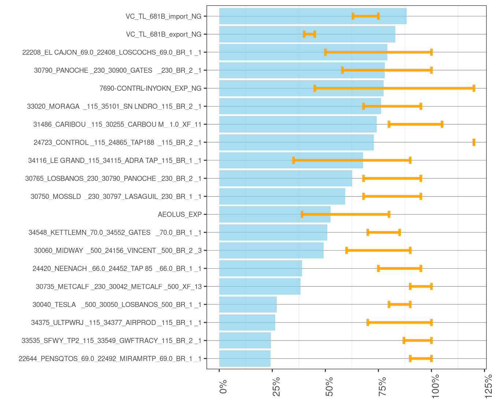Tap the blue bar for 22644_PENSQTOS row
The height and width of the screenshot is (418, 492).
[245, 359]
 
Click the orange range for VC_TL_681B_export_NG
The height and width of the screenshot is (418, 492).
[309, 34]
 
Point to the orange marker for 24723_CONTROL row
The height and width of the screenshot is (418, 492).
[474, 142]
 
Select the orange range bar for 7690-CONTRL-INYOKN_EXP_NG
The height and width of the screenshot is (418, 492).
[394, 88]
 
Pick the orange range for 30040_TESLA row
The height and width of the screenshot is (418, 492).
[399, 305]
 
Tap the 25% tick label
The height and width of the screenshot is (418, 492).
[276, 387]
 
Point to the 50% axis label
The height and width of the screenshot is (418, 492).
[329, 387]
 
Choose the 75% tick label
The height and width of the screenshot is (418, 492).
[383, 387]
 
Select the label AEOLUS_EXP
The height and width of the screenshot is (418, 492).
[179, 214]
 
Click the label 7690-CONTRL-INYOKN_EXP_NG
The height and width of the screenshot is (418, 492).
[150, 88]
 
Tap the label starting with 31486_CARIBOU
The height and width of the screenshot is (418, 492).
[117, 124]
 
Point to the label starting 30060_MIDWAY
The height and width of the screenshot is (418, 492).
[118, 250]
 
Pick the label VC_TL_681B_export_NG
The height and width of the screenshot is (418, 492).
[164, 34]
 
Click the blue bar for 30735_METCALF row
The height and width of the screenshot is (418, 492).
[260, 287]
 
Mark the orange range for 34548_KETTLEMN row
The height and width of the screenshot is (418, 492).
[384, 232]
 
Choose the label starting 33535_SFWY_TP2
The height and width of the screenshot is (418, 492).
[111, 340]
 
